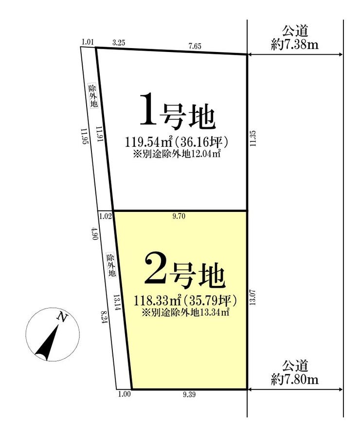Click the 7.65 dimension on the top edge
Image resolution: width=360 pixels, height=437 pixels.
[x=195, y=46]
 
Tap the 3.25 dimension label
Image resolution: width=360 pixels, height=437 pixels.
[x=119, y=43]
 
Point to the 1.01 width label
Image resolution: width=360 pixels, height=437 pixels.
[x=87, y=42]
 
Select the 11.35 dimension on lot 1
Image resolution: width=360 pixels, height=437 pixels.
[x=252, y=139]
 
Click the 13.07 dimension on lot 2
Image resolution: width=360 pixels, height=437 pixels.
[x=252, y=297]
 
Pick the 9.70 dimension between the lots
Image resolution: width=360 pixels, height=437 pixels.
[x=179, y=216]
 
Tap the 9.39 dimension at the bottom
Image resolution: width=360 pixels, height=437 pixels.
[x=189, y=394]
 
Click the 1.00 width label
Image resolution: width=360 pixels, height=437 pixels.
[x=125, y=394]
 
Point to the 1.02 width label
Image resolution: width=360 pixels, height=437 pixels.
[x=106, y=216]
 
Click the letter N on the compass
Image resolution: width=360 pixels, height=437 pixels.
[x=62, y=317]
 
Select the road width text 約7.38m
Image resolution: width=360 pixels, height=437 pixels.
[x=295, y=45]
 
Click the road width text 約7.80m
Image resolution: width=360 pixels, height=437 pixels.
[x=295, y=379]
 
